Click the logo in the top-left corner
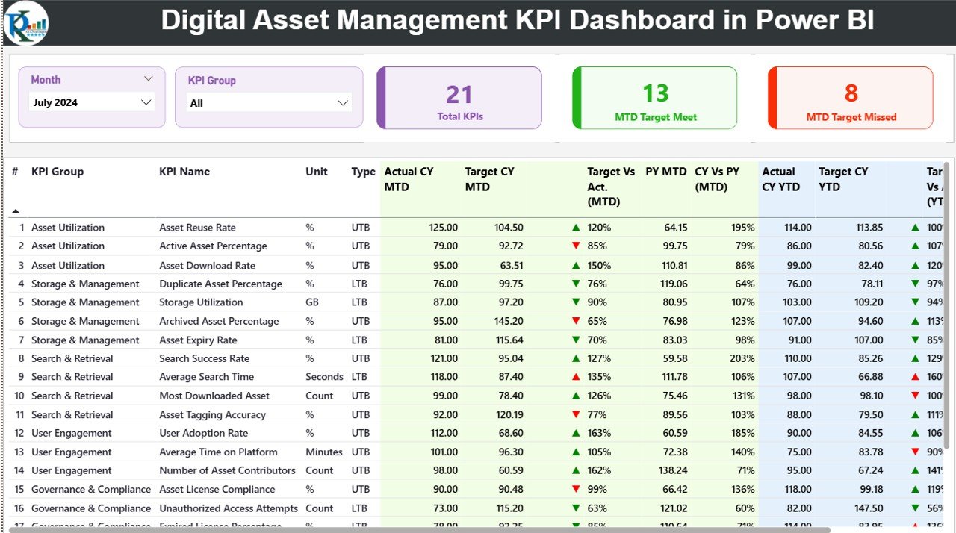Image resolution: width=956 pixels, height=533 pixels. click(26, 23)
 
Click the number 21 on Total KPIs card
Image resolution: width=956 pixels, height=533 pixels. click(459, 95)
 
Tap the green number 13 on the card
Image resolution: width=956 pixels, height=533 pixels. click(656, 93)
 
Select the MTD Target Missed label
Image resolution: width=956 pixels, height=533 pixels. click(851, 117)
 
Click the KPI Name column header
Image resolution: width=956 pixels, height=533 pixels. click(184, 172)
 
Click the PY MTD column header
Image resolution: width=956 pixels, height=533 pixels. click(666, 172)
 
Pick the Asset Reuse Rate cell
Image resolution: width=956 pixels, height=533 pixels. click(197, 228)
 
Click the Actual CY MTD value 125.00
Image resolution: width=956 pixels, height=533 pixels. click(443, 228)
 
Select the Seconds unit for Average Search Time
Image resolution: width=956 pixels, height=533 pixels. click(324, 377)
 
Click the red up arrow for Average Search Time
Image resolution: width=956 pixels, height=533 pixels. click(576, 377)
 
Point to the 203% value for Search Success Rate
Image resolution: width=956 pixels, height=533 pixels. click(742, 358)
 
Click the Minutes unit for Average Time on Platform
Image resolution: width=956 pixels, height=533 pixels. click(324, 452)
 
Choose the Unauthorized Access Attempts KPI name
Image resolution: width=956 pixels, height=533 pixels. click(229, 508)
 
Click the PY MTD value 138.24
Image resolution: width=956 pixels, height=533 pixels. click(670, 470)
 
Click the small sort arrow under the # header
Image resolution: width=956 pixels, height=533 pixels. click(16, 211)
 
